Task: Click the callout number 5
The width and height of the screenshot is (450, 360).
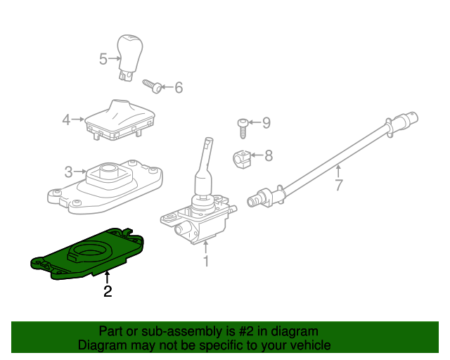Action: point(103,59)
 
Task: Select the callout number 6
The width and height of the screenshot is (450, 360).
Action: point(178,88)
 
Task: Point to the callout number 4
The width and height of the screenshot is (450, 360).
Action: point(67,120)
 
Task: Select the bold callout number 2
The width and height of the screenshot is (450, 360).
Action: point(108,291)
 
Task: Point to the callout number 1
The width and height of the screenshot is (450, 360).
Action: point(206,262)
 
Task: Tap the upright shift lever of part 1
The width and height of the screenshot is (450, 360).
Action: point(205,165)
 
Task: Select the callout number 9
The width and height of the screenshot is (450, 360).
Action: point(266,123)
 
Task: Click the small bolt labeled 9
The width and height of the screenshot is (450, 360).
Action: point(241,128)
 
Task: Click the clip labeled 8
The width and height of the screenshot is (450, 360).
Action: point(241,158)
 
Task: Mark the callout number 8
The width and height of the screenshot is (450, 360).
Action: point(268,155)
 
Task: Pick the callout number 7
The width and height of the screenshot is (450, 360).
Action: point(338,186)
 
